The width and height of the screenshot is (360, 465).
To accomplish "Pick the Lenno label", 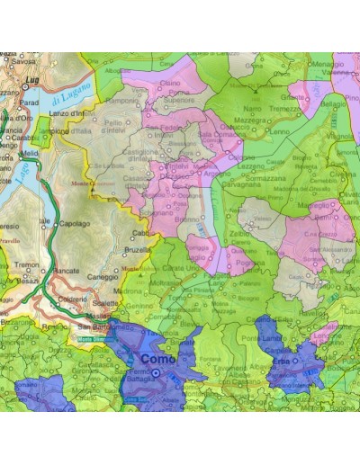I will (x=279, y=131).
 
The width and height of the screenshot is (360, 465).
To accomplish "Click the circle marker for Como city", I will (x=154, y=373).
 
